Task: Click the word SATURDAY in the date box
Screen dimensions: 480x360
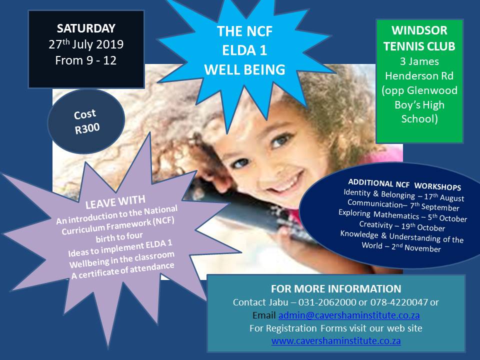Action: (86, 28)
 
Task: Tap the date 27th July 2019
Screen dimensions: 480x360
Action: (86, 44)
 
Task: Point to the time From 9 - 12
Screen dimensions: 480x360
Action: (86, 60)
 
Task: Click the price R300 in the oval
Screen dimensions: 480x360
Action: (87, 128)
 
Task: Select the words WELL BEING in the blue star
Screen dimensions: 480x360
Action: (244, 69)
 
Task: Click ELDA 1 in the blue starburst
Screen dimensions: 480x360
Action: (244, 50)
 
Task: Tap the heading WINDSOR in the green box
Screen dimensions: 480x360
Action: (419, 30)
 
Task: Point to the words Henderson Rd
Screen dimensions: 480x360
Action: (419, 75)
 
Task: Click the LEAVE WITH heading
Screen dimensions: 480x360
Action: (115, 202)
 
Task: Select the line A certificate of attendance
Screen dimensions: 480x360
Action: (123, 270)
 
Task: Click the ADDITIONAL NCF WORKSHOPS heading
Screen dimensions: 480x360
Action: (404, 184)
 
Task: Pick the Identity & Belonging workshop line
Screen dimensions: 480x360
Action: (404, 195)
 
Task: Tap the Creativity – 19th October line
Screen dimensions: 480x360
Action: (402, 226)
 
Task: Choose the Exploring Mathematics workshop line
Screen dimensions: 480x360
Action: (403, 216)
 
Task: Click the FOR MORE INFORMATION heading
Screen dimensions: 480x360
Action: (336, 288)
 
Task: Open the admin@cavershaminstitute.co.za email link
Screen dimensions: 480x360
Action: (349, 315)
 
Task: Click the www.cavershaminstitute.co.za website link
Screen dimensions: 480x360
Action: (336, 341)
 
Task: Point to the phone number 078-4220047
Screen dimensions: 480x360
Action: (399, 302)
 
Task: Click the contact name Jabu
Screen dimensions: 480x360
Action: (278, 302)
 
